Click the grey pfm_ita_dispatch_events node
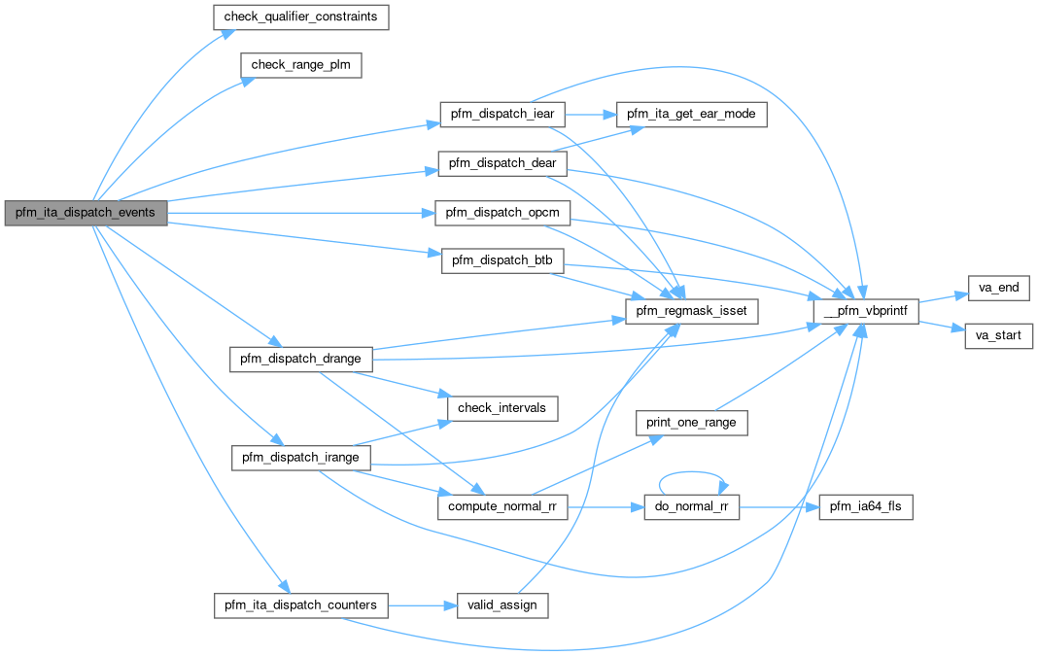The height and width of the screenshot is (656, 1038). pos(86,212)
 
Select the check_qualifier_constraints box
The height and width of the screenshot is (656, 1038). pos(300,17)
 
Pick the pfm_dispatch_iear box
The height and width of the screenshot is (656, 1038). pos(502,114)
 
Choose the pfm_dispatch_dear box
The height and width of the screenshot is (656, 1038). pos(502,162)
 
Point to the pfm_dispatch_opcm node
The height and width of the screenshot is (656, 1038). pos(502,212)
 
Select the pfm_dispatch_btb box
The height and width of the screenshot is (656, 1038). pos(502,260)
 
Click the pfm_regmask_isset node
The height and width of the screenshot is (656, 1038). pos(690,311)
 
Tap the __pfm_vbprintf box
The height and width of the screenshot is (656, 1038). pos(866,311)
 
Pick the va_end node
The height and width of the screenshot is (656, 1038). pos(998,289)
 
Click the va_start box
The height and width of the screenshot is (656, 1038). pos(998,336)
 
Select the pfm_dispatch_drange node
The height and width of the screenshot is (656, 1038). pos(300,359)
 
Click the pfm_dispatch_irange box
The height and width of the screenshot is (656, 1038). pos(300,458)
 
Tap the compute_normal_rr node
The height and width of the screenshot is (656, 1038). pos(502,507)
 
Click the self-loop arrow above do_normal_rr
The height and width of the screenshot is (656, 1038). pos(692,474)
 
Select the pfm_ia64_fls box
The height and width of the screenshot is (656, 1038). pos(866,507)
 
